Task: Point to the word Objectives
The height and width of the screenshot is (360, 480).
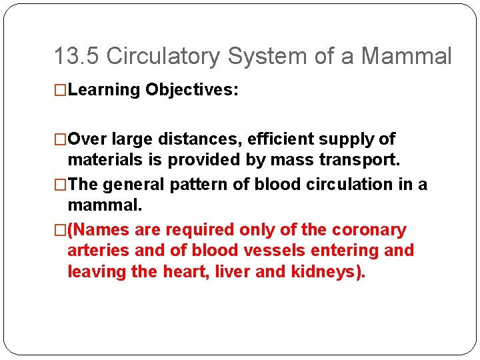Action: (191, 90)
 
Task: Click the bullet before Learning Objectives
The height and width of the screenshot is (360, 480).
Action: (60, 90)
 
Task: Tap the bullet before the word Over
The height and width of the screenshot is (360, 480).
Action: (60, 139)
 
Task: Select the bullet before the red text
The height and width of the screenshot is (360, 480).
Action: (60, 230)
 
